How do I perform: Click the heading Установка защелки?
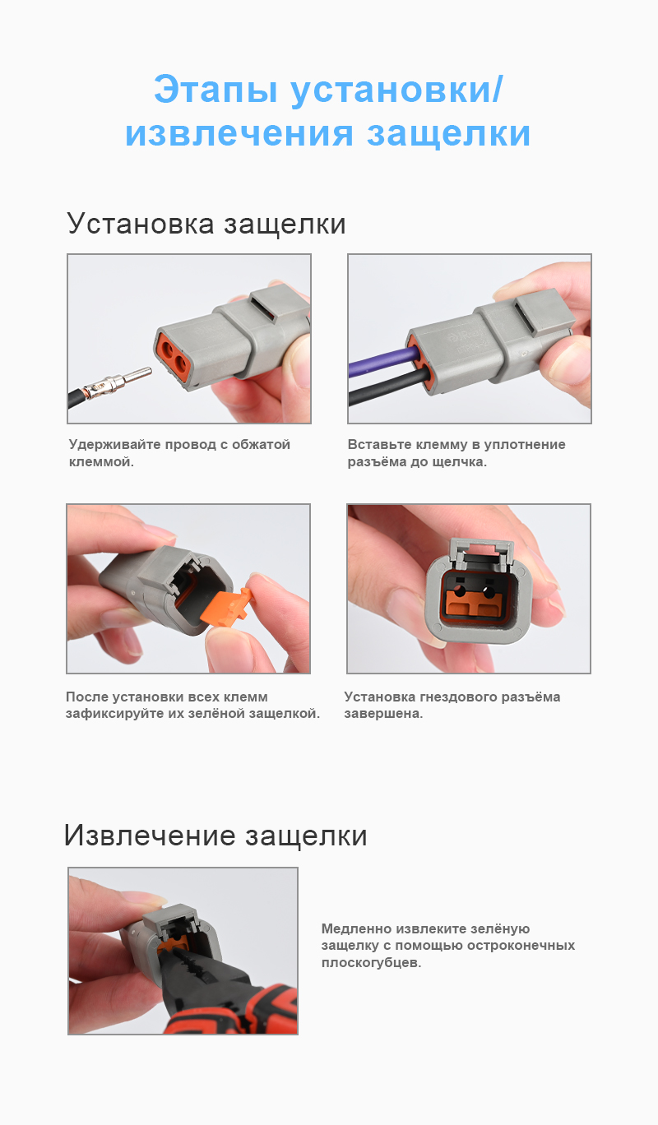206,224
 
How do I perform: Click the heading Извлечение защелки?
215,836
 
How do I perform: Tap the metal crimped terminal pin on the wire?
123,380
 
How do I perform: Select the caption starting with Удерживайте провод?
179,453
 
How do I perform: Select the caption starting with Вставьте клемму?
456,453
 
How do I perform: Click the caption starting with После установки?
192,705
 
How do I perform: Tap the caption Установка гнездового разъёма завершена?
452,705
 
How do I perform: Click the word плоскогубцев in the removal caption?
371,962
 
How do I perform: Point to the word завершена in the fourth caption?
383,714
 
